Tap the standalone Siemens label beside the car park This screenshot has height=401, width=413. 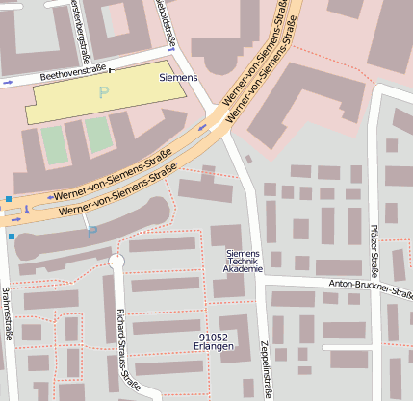tap(178, 76)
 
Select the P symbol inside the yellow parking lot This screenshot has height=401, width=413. tap(104, 92)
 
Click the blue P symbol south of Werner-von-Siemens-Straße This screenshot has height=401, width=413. tap(92, 232)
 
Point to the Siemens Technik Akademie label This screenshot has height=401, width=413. tap(243, 261)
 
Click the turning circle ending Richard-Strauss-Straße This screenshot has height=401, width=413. tap(116, 261)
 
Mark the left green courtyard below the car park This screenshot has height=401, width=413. tap(53, 142)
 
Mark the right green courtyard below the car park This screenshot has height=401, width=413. tap(98, 136)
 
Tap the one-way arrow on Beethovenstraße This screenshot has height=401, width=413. tap(8, 84)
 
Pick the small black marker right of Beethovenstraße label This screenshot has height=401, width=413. tap(111, 69)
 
